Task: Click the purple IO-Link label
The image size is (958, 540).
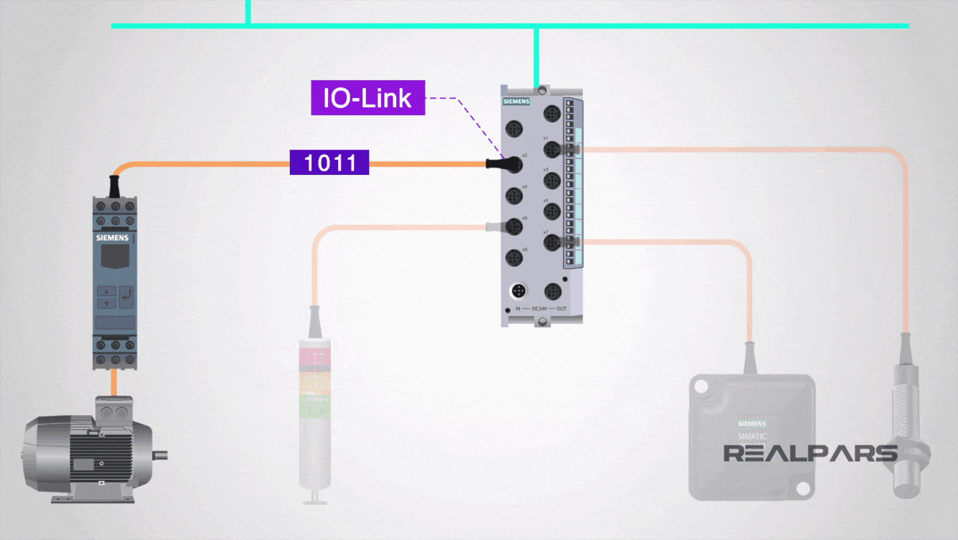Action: pos(368,98)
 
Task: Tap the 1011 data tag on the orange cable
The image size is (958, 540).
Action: pos(329,163)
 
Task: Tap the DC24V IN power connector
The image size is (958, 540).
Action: pos(518,292)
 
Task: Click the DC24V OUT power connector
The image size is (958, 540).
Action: pos(552,292)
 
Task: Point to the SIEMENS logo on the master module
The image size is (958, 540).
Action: pos(516,102)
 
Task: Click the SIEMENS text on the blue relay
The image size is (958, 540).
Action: pos(113,237)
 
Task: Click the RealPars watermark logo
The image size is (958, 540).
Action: pos(810,454)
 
